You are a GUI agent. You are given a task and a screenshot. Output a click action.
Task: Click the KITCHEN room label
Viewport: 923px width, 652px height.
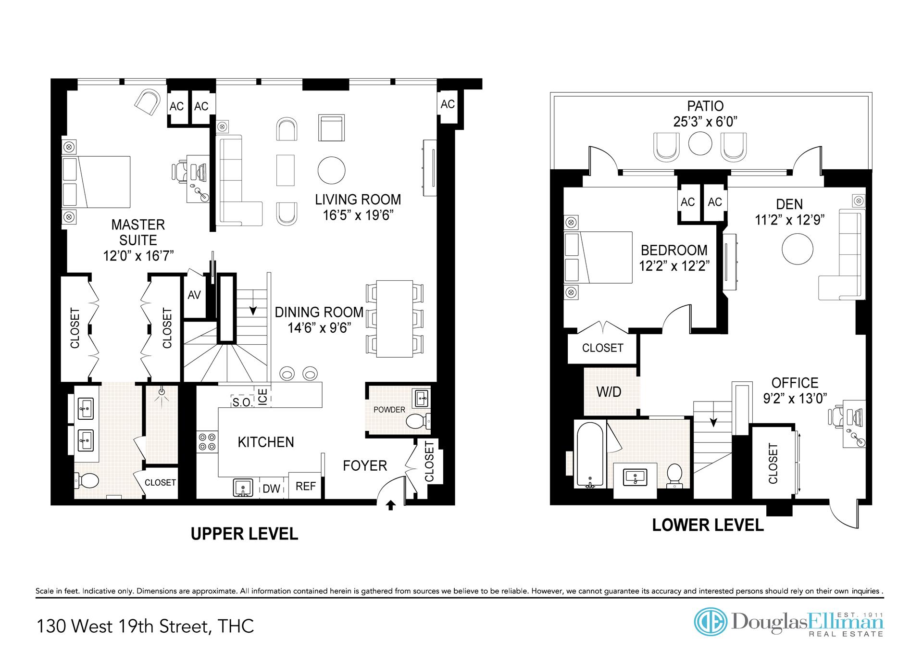(266, 442)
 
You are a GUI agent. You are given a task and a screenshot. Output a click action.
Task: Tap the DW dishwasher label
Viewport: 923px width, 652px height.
(272, 489)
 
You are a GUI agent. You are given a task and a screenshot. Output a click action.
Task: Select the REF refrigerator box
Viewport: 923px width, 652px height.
(305, 486)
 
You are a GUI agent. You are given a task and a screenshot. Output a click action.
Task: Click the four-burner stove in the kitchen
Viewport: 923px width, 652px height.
(207, 442)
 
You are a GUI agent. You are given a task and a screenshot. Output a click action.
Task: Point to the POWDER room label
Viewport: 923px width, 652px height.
(389, 410)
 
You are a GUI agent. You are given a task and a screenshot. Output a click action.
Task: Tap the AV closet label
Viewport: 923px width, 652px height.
(194, 295)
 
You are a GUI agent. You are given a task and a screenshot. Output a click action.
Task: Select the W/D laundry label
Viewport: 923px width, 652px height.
(609, 392)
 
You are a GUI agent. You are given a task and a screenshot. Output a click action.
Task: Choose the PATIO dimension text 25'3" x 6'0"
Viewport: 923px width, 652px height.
(705, 122)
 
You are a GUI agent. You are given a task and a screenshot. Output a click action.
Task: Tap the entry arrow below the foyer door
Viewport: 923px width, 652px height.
(391, 505)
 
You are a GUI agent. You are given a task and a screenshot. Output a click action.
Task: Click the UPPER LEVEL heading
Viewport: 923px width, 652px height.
(244, 534)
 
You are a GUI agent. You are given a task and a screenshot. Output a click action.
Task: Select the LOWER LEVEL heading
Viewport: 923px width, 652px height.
(708, 525)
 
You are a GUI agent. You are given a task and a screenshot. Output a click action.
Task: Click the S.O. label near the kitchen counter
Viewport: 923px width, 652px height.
(242, 402)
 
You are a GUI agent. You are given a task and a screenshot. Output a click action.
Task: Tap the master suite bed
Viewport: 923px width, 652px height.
(96, 182)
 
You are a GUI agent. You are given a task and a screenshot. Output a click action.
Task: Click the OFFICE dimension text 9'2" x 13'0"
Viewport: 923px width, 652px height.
(795, 398)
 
